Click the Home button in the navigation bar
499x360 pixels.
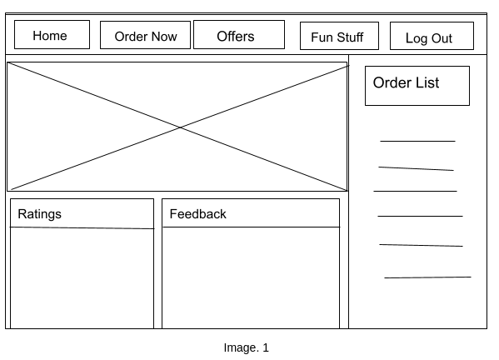pyautogui.click(x=52, y=35)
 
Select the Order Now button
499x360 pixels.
pyautogui.click(x=146, y=36)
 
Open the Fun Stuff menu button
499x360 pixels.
pyautogui.click(x=338, y=37)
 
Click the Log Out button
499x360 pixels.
pyautogui.click(x=431, y=37)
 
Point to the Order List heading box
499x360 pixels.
pyautogui.click(x=417, y=86)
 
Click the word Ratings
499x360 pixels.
pyautogui.click(x=39, y=214)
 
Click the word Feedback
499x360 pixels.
pyautogui.click(x=197, y=214)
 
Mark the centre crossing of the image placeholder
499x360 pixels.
pyautogui.click(x=179, y=127)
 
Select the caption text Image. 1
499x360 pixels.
pyautogui.click(x=246, y=347)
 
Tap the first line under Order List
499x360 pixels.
pyautogui.click(x=417, y=141)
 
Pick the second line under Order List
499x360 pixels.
pyautogui.click(x=416, y=169)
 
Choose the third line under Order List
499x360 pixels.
pyautogui.click(x=415, y=191)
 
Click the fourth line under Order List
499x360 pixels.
pyautogui.click(x=420, y=216)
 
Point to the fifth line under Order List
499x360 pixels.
pyautogui.click(x=421, y=245)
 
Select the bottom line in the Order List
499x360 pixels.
pyautogui.click(x=427, y=277)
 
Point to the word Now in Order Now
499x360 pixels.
pyautogui.click(x=163, y=36)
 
